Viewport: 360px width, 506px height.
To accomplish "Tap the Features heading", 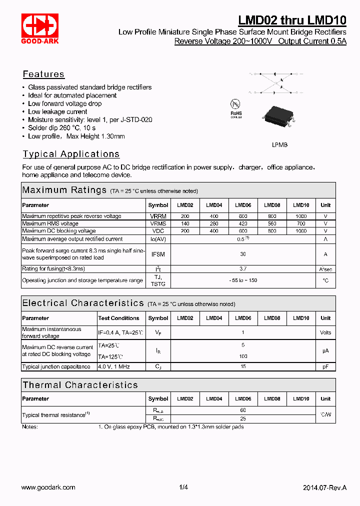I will pyautogui.click(x=43, y=74).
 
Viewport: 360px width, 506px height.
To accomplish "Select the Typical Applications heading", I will pyautogui.click(x=71, y=154).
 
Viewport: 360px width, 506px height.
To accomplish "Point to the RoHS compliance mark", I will pyautogui.click(x=236, y=108).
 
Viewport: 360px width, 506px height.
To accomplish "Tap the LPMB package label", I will pyautogui.click(x=279, y=144).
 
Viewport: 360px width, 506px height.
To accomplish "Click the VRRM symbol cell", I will pyautogui.click(x=158, y=216).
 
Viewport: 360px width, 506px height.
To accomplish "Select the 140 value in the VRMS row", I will pyautogui.click(x=185, y=223).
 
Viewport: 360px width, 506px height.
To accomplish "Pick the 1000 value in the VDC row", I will pyautogui.click(x=300, y=231).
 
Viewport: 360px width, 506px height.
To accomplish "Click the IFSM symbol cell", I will pyautogui.click(x=158, y=254).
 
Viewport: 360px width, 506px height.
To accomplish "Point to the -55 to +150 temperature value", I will pyautogui.click(x=243, y=280).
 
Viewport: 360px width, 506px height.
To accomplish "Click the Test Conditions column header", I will pyautogui.click(x=118, y=318).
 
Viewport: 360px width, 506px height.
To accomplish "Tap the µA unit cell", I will pyautogui.click(x=325, y=351).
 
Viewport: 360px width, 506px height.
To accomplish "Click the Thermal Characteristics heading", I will pyautogui.click(x=80, y=385).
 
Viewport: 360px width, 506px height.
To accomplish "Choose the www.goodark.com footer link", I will pyautogui.click(x=48, y=487).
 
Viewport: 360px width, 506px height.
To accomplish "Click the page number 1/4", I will pyautogui.click(x=183, y=487).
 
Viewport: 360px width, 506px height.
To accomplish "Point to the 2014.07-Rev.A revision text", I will pyautogui.click(x=324, y=487).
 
